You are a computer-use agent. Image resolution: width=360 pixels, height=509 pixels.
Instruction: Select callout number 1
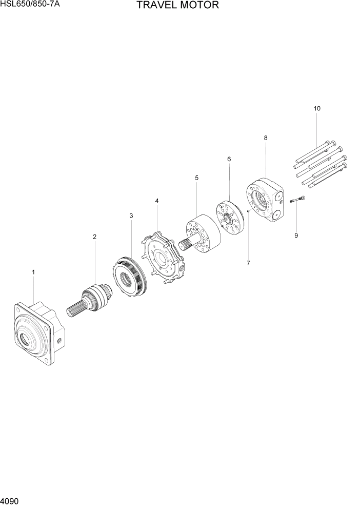tap(33, 272)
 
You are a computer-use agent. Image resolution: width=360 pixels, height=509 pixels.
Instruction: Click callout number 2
tap(94, 237)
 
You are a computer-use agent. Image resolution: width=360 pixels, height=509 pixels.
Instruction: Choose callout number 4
tap(157, 201)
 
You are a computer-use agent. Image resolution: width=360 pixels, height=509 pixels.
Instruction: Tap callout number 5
tap(196, 178)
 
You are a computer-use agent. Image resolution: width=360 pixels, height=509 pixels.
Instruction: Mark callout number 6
tap(229, 159)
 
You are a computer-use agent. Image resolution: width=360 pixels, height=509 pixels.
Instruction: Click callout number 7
tap(248, 263)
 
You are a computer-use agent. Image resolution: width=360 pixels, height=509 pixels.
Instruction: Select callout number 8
tap(266, 138)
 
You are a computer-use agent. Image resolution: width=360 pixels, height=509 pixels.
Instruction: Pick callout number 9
tap(296, 236)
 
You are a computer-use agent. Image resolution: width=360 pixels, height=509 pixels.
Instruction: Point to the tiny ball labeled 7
tap(248, 210)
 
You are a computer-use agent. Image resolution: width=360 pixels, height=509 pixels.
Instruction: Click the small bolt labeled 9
tap(297, 199)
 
